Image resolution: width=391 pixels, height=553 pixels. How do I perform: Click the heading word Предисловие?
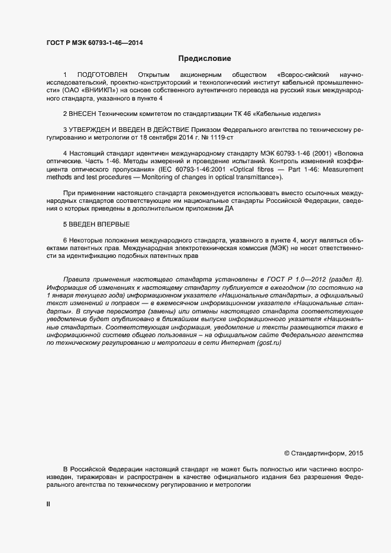pos(205,59)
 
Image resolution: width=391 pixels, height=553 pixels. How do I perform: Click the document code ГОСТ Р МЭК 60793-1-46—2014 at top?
pos(94,43)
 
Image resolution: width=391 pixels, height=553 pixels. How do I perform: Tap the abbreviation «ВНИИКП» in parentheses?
pos(104,90)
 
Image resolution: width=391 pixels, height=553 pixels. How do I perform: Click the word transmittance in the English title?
pos(256,177)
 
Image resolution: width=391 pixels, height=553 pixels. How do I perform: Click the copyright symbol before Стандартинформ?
pos(287,453)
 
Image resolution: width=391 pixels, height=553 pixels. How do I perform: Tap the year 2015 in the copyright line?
pos(356,453)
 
